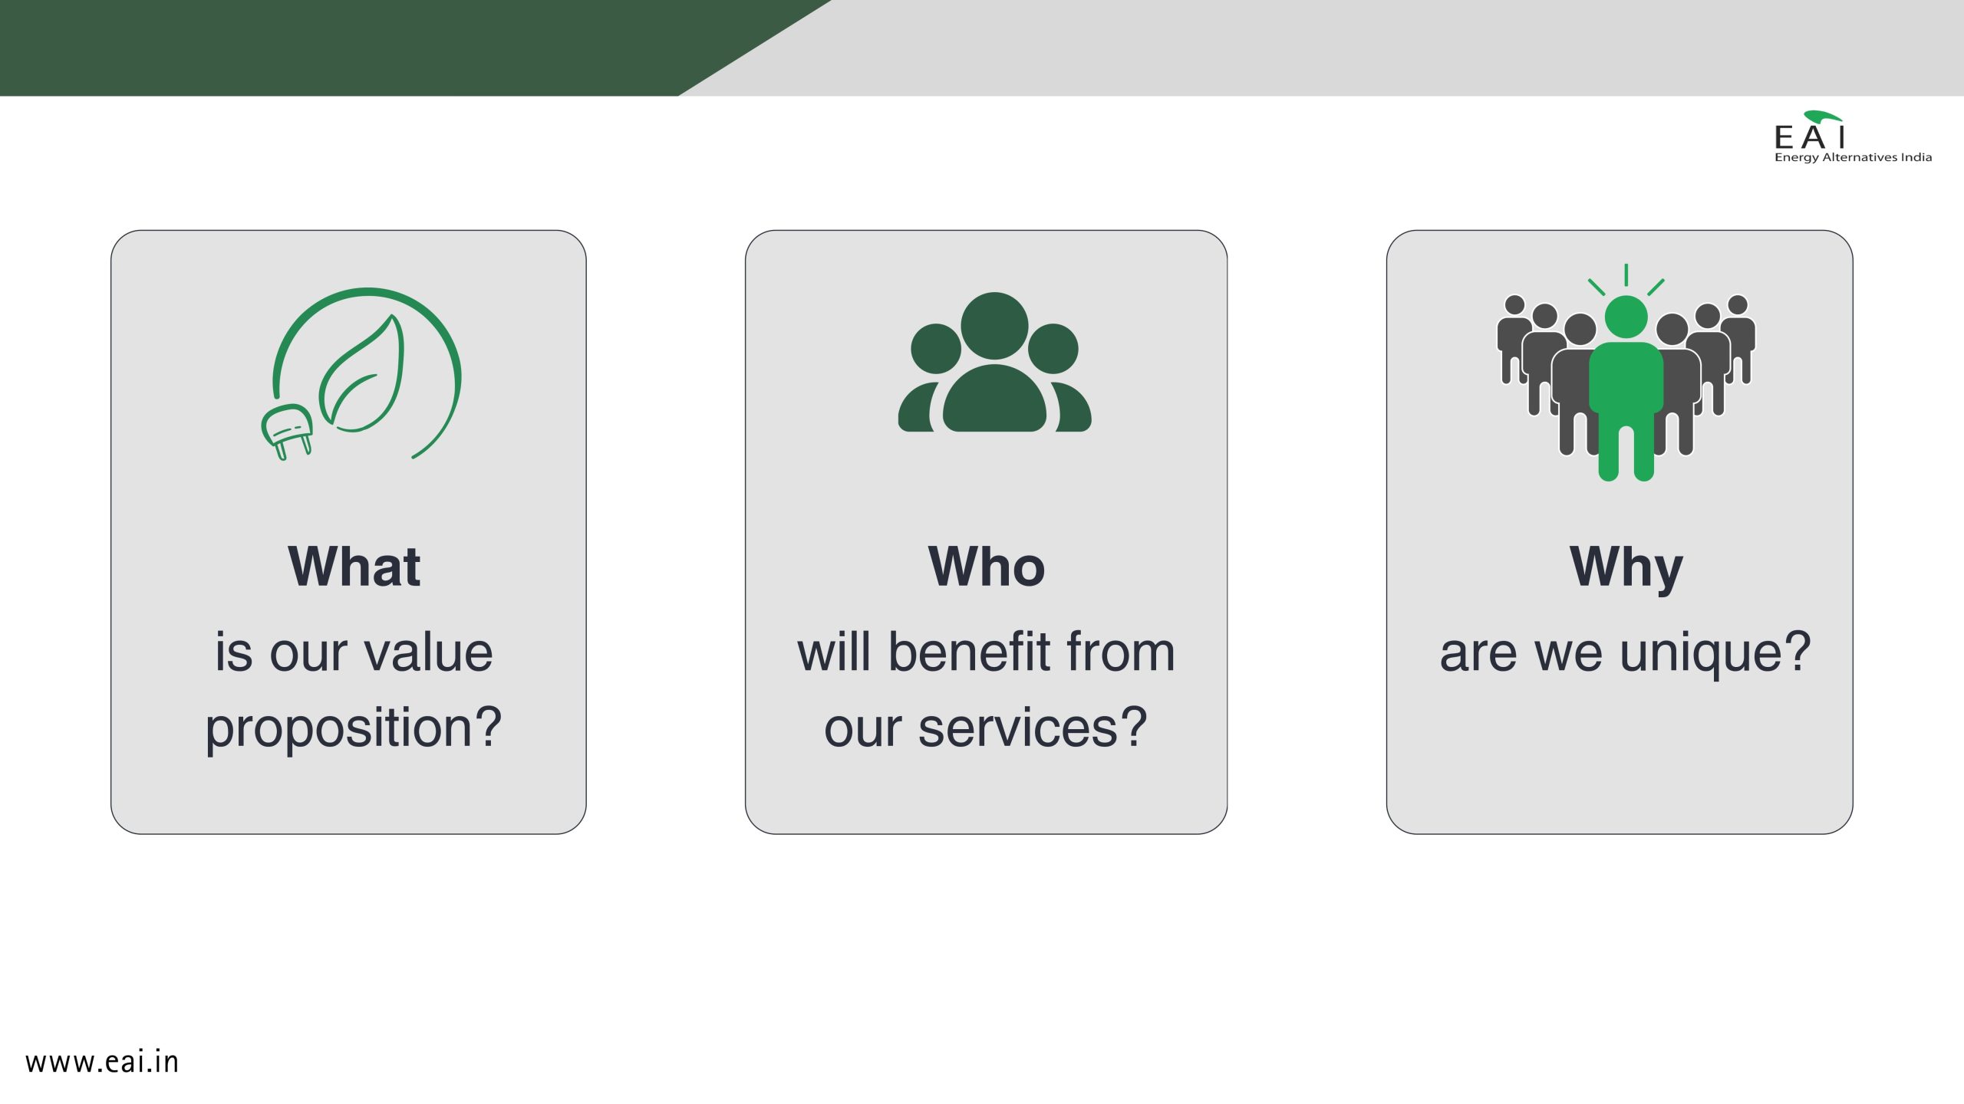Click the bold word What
(x=354, y=567)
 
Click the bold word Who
(x=987, y=567)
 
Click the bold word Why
(x=1626, y=568)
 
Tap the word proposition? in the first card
(x=354, y=728)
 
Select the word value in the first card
(x=428, y=652)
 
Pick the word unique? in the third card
(x=1715, y=654)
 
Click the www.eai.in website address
(x=102, y=1062)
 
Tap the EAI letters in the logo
(x=1809, y=138)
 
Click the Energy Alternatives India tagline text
(x=1853, y=157)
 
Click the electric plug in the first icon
(x=287, y=431)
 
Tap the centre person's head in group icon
(x=994, y=326)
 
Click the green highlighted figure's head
(x=1626, y=317)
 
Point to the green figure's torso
(x=1626, y=379)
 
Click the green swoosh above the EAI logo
(x=1823, y=117)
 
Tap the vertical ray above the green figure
(x=1626, y=274)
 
